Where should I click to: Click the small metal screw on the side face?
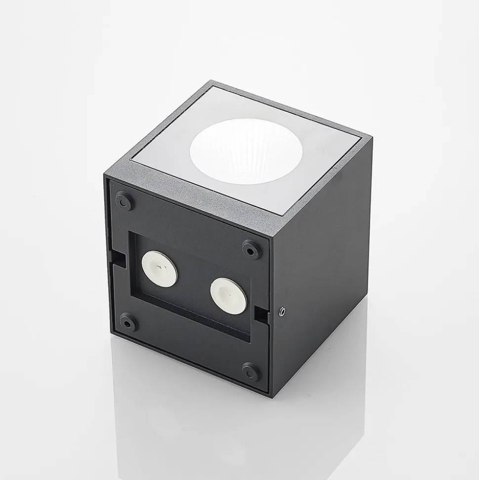282,311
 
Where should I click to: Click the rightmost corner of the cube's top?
371,139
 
